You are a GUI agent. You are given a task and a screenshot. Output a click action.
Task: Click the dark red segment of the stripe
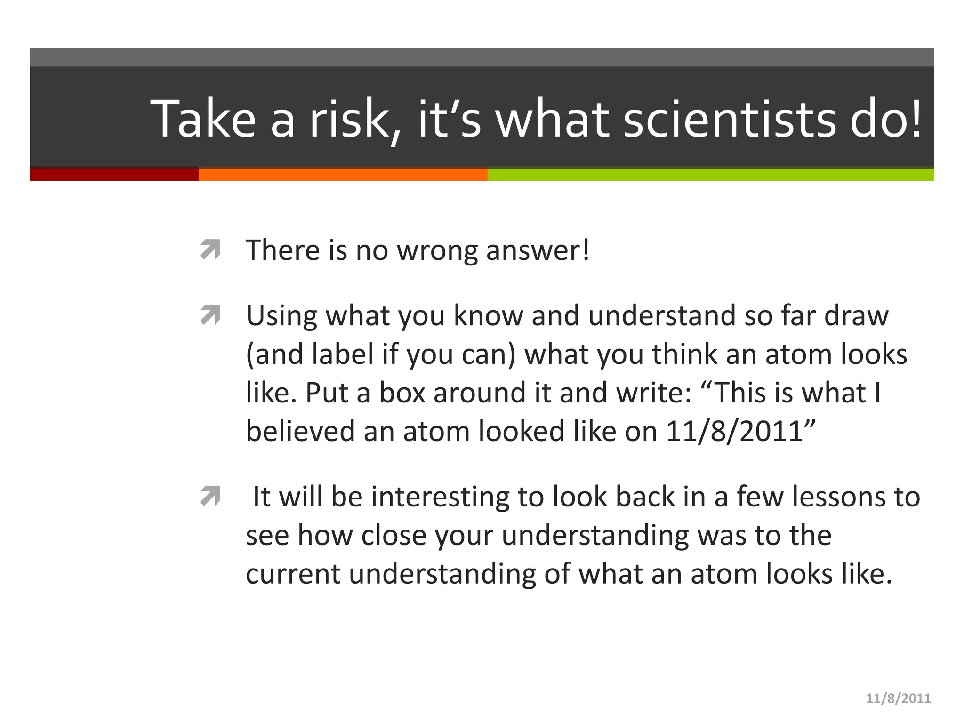click(x=114, y=174)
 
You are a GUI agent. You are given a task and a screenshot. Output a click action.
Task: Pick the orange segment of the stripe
click(x=343, y=174)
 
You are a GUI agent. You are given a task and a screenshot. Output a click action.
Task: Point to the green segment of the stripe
click(x=710, y=174)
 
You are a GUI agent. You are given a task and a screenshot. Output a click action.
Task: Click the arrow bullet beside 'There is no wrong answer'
click(x=210, y=249)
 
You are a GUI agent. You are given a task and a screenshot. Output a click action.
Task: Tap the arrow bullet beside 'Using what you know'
click(x=210, y=315)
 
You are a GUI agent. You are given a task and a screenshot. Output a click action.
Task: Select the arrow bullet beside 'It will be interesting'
click(x=210, y=496)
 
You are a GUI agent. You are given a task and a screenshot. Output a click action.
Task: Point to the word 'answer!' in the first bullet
click(x=538, y=250)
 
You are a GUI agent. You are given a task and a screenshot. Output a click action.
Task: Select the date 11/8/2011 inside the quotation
click(x=734, y=431)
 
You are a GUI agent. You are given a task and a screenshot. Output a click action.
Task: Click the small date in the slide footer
click(x=898, y=699)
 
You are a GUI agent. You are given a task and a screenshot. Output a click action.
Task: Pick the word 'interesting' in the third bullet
click(x=440, y=497)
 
